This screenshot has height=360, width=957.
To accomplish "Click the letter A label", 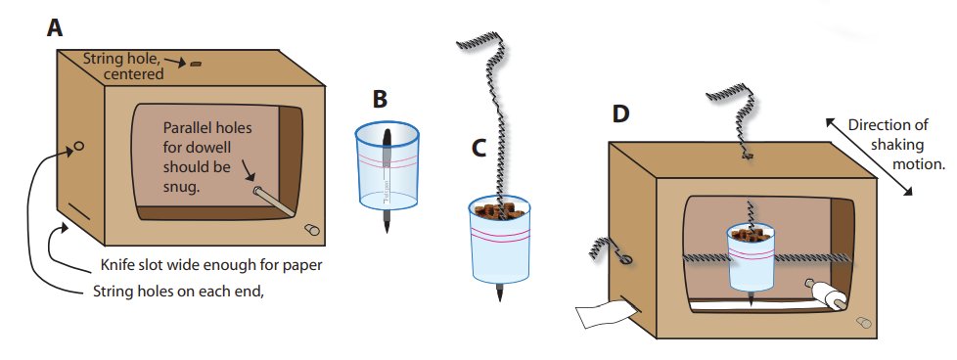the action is click(x=55, y=27).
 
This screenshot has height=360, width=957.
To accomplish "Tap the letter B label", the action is click(x=380, y=100).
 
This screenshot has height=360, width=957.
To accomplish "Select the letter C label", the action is click(x=479, y=149).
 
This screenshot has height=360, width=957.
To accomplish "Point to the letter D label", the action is click(x=620, y=114).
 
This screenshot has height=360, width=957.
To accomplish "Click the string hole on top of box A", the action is click(x=196, y=64).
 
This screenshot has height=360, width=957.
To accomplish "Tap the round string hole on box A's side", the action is click(x=78, y=147).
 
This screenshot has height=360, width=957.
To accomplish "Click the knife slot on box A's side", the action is click(x=78, y=212).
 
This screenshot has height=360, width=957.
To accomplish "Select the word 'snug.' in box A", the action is click(x=181, y=187).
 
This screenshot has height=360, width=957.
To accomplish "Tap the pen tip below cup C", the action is click(x=500, y=292).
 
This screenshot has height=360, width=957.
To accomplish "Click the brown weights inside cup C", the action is click(x=500, y=211).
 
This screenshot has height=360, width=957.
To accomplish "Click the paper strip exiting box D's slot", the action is click(x=603, y=314).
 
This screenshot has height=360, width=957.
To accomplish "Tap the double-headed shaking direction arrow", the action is click(x=869, y=157).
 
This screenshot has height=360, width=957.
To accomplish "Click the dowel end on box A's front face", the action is click(x=311, y=230).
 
